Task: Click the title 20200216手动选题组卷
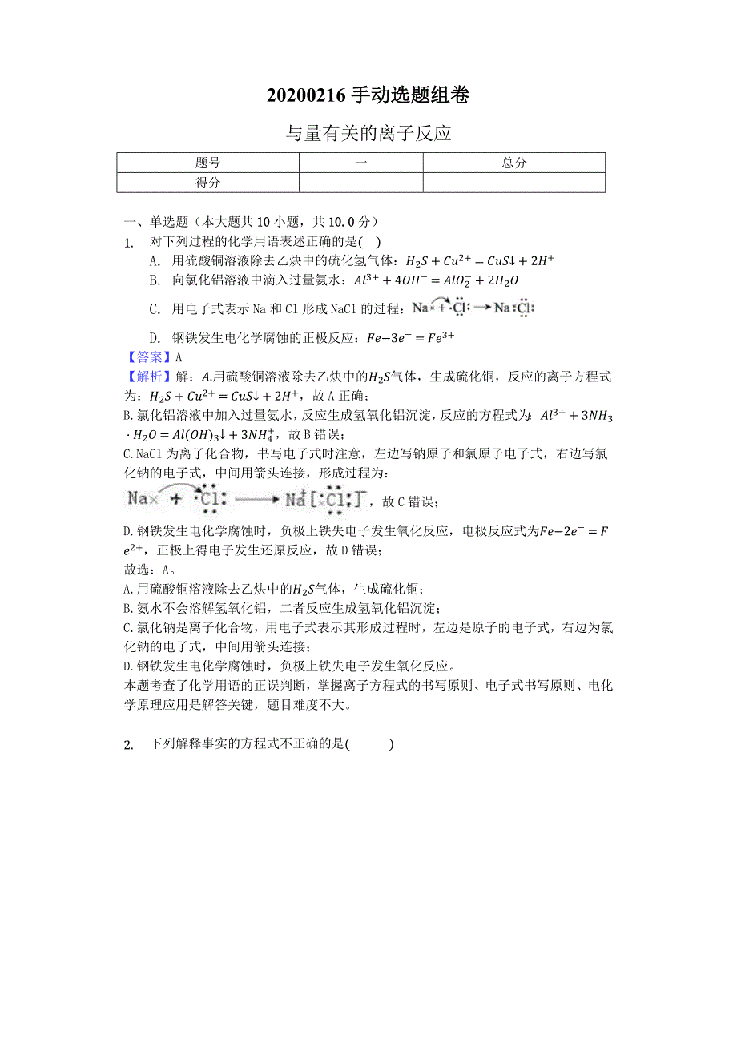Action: (368, 95)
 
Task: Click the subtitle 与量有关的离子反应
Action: (368, 133)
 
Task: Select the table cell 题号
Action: (208, 163)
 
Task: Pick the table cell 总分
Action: (513, 163)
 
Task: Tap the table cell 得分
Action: (208, 183)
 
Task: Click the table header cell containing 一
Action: (360, 163)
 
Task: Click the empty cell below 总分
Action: (513, 183)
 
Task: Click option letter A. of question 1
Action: (155, 260)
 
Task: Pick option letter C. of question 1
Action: (155, 308)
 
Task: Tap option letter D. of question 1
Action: (155, 337)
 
